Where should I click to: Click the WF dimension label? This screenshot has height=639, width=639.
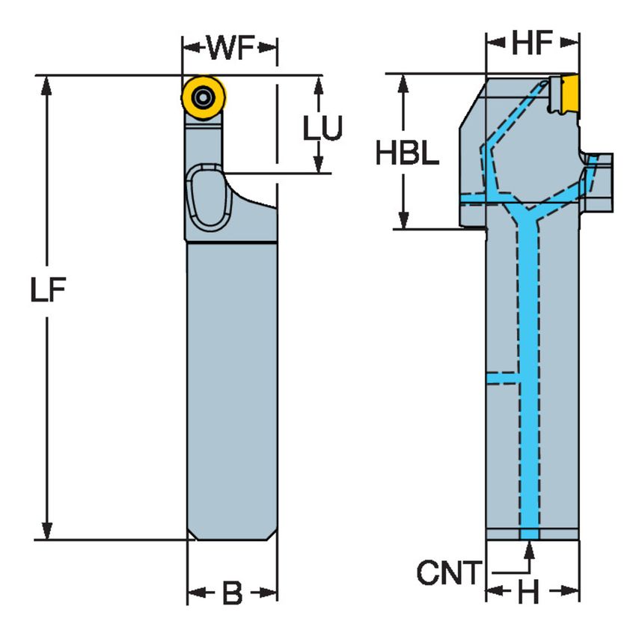coord(230,49)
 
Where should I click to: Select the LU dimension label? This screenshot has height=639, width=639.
coord(322,129)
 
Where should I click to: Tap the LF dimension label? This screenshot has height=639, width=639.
coord(49,290)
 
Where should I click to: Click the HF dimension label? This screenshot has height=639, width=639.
coord(532,45)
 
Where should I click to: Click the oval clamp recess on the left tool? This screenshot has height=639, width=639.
coord(205,199)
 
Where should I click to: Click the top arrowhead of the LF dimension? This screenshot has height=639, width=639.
coord(49,84)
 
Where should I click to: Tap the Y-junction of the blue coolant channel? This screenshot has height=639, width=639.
coord(528,217)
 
